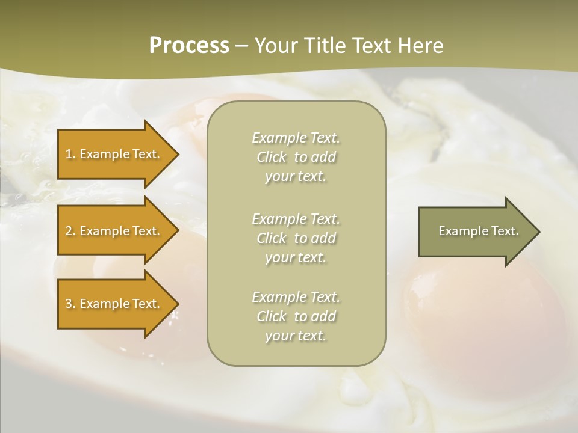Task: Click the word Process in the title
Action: point(189,46)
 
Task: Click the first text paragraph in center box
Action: point(296,157)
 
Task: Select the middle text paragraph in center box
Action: point(296,238)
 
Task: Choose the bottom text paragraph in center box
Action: point(296,316)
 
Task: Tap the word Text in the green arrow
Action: point(505,231)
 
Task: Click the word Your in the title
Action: point(275,46)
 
